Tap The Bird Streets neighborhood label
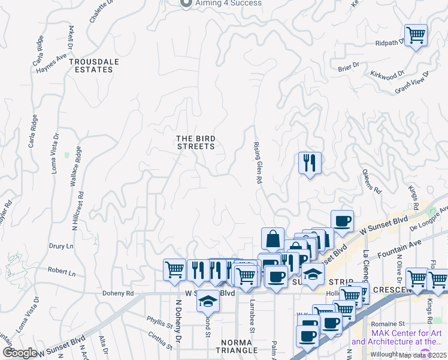195,142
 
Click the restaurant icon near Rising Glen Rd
310,163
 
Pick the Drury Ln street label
60,246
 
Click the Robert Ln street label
62,272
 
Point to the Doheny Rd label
117,293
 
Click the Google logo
20,353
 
